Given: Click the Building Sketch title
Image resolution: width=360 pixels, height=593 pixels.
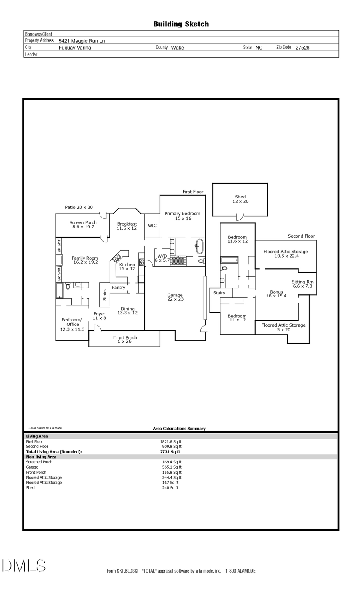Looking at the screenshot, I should [181, 24].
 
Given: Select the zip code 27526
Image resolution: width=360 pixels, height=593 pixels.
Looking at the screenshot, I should [302, 48].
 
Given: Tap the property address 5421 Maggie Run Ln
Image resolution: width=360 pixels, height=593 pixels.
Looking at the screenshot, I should [82, 41].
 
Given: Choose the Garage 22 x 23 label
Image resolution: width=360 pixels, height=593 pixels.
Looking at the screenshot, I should [175, 297].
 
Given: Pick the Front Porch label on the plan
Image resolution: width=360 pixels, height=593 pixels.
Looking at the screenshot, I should [125, 339].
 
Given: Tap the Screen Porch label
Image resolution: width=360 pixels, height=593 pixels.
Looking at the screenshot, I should [83, 224].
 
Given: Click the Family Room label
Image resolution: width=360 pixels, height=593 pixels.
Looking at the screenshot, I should [85, 260].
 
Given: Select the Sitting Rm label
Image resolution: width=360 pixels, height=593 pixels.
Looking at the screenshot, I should [302, 284].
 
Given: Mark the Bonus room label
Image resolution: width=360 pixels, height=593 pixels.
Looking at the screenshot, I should [276, 294].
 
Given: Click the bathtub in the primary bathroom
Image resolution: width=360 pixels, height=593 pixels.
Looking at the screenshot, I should [199, 246].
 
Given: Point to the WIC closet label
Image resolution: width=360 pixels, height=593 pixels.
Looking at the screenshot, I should [152, 226].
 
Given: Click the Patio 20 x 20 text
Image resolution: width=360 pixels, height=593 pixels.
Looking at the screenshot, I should [79, 207].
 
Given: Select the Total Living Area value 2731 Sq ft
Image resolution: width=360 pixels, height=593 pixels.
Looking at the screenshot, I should [170, 452].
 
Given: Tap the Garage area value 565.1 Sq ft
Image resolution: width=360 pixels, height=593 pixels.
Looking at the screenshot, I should [172, 467].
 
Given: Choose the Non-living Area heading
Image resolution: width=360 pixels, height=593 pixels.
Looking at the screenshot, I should [41, 457].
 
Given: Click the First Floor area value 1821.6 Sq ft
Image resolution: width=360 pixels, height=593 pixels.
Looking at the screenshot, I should [171, 441].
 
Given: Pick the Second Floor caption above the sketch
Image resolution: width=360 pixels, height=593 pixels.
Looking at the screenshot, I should [301, 236].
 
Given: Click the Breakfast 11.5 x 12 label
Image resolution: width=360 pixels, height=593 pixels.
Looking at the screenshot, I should [127, 226].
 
